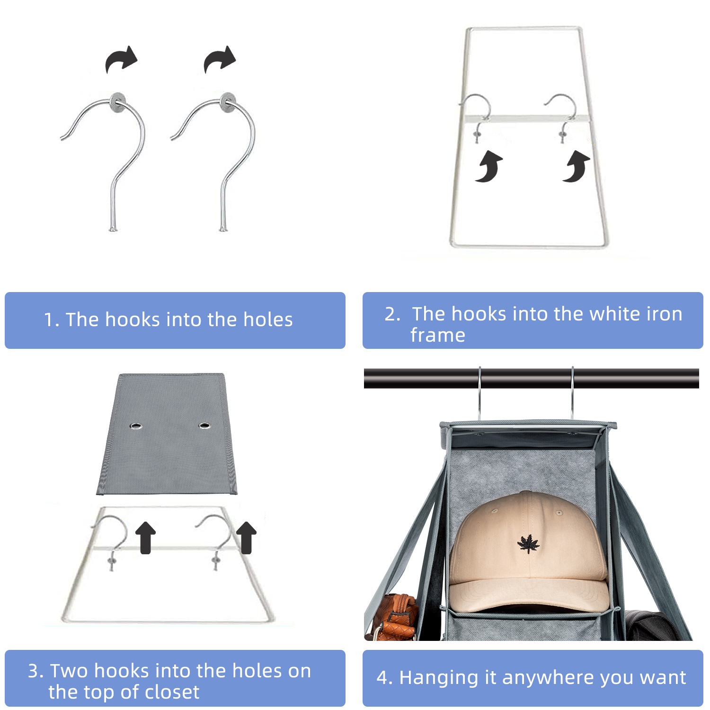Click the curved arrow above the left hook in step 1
(x=121, y=60)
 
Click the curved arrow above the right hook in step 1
(x=220, y=60)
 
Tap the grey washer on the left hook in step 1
(x=118, y=102)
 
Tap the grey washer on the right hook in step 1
(x=228, y=102)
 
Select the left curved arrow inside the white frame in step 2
(x=489, y=167)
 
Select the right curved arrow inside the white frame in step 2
(x=577, y=167)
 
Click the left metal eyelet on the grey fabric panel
(x=136, y=426)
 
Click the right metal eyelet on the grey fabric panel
(x=204, y=426)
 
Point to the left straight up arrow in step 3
(x=145, y=537)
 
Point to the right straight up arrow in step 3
(x=246, y=537)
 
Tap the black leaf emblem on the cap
(x=528, y=544)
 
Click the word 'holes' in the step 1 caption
(x=268, y=320)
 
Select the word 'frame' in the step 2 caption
(x=438, y=335)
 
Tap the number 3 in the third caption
(x=33, y=671)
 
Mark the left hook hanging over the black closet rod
(x=479, y=393)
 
